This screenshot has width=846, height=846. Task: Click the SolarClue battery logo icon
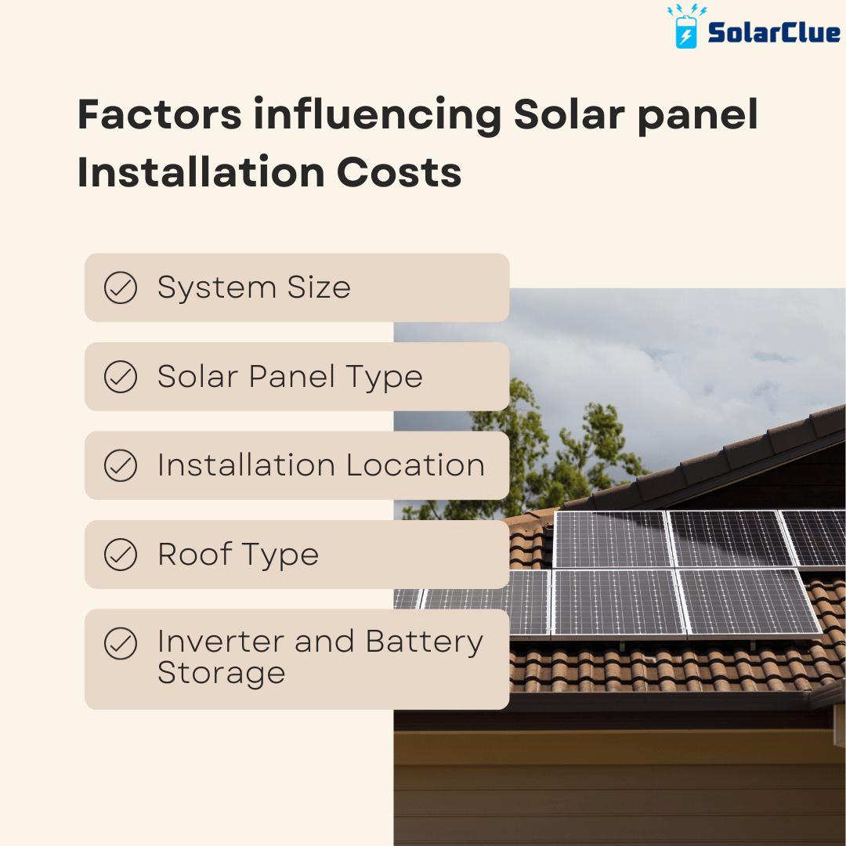pyautogui.click(x=686, y=29)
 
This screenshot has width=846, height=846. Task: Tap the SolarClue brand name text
pyautogui.click(x=773, y=33)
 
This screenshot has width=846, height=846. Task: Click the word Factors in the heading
pyautogui.click(x=159, y=116)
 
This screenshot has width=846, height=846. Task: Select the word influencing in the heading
pyautogui.click(x=377, y=116)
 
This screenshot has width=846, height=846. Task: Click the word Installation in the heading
pyautogui.click(x=201, y=172)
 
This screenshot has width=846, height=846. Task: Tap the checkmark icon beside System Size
pyautogui.click(x=121, y=287)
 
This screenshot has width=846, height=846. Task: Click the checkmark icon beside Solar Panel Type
pyautogui.click(x=121, y=377)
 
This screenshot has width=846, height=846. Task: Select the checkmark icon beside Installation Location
pyautogui.click(x=121, y=465)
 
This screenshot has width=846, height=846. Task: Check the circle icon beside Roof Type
pyautogui.click(x=121, y=555)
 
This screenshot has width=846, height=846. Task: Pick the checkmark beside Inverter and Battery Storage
pyautogui.click(x=121, y=644)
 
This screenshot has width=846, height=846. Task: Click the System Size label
pyautogui.click(x=254, y=287)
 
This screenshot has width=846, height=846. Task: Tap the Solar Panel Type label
pyautogui.click(x=290, y=377)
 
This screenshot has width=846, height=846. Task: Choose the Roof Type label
pyautogui.click(x=238, y=555)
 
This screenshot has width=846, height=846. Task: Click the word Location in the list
pyautogui.click(x=415, y=465)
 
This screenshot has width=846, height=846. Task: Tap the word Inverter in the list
pyautogui.click(x=219, y=642)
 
